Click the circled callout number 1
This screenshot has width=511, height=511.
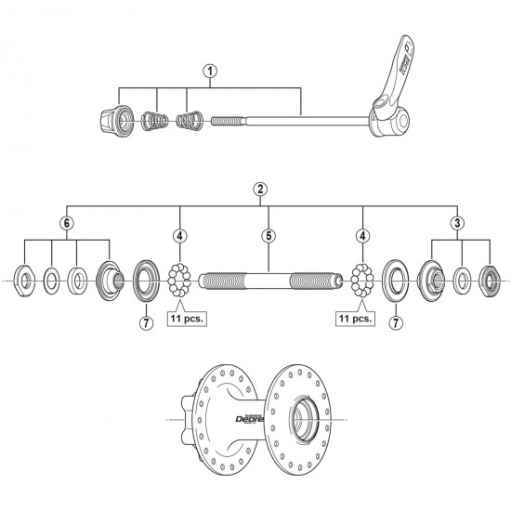(x=211, y=70)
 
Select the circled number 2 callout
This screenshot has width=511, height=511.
(x=261, y=189)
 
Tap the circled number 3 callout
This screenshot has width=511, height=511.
(x=458, y=223)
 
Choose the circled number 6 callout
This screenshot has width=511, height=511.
(x=65, y=223)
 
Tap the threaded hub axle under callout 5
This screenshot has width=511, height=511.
(x=266, y=279)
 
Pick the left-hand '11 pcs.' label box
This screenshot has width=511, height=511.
(x=186, y=318)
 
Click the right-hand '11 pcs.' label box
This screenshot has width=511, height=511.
(x=356, y=318)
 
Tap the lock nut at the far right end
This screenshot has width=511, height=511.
(x=491, y=279)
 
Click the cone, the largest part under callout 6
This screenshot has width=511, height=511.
(x=110, y=279)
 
